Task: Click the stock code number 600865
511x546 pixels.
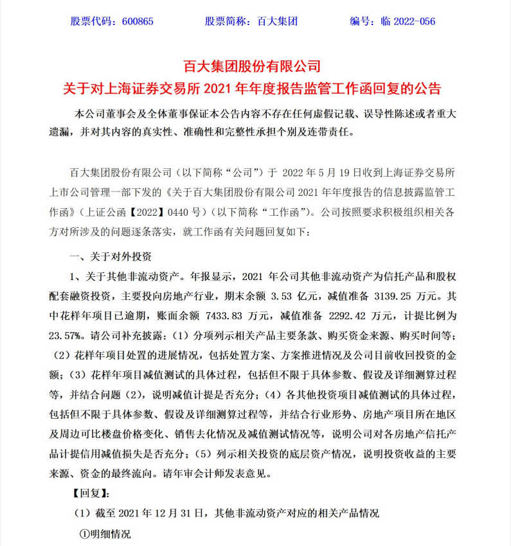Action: pos(138,21)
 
